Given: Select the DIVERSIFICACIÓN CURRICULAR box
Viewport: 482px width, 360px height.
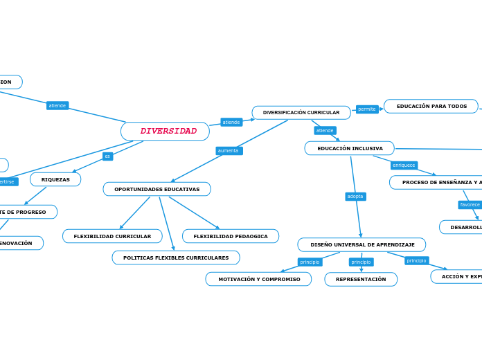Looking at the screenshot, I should pyautogui.click(x=301, y=113).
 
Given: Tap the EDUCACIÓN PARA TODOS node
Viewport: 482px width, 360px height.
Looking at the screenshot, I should pyautogui.click(x=431, y=107).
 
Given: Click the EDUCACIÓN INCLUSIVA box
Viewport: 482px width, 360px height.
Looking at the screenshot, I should pyautogui.click(x=349, y=148).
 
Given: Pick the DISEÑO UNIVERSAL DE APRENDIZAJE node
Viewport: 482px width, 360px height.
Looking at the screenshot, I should pyautogui.click(x=361, y=244).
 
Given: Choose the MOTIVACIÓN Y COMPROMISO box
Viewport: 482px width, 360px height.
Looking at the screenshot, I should pyautogui.click(x=258, y=279).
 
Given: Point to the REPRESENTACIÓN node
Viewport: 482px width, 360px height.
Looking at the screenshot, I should pyautogui.click(x=361, y=279).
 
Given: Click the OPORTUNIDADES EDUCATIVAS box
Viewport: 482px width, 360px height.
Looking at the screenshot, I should pyautogui.click(x=157, y=189).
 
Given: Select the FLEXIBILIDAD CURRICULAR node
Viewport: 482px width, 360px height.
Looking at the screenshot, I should pyautogui.click(x=112, y=236).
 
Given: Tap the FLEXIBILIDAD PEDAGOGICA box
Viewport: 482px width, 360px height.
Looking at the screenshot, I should pyautogui.click(x=231, y=236).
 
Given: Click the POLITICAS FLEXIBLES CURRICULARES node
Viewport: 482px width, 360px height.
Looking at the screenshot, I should pyautogui.click(x=176, y=258).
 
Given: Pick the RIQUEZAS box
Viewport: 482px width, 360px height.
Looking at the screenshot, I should pyautogui.click(x=55, y=179).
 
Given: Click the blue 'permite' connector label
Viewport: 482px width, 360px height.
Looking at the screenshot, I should pyautogui.click(x=367, y=109).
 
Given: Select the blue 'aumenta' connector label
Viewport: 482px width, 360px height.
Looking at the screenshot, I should pyautogui.click(x=229, y=150).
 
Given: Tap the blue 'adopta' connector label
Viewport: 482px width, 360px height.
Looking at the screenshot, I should pyautogui.click(x=355, y=197).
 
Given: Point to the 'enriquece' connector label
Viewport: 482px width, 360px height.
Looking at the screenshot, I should pyautogui.click(x=404, y=165).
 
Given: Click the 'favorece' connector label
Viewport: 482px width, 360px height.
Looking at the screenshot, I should pyautogui.click(x=470, y=205).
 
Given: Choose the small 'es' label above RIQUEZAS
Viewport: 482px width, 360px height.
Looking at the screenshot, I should pyautogui.click(x=107, y=156).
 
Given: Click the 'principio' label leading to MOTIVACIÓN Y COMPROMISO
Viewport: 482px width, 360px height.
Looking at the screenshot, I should pyautogui.click(x=310, y=262).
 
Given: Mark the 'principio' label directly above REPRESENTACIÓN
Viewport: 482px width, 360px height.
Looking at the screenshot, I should pyautogui.click(x=361, y=262).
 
